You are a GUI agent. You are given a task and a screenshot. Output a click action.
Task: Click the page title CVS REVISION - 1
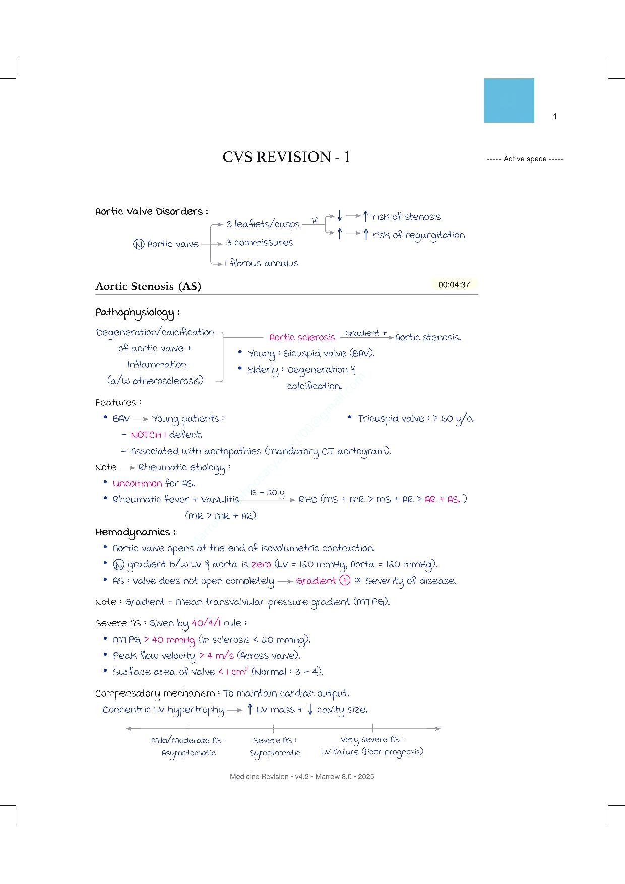pyautogui.click(x=286, y=157)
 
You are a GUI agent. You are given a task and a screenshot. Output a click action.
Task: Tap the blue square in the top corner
pyautogui.click(x=509, y=100)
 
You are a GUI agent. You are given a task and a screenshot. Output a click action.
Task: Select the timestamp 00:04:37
pyautogui.click(x=454, y=285)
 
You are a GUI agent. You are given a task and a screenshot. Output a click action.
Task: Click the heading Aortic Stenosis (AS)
pyautogui.click(x=148, y=286)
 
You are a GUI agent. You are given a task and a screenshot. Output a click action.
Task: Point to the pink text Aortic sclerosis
pyautogui.click(x=302, y=337)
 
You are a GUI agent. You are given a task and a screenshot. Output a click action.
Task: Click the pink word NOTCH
pyautogui.click(x=146, y=435)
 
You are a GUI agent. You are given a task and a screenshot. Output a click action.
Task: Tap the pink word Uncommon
pyautogui.click(x=137, y=483)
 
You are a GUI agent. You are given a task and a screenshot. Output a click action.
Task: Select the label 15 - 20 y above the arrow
pyautogui.click(x=267, y=492)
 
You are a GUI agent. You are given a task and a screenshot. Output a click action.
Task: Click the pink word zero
pyautogui.click(x=261, y=564)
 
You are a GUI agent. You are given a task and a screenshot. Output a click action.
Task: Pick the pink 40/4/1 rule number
pyautogui.click(x=206, y=623)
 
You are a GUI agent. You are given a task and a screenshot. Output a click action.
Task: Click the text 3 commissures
pyautogui.click(x=260, y=243)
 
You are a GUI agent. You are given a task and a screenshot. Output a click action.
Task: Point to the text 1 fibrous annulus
pyautogui.click(x=262, y=263)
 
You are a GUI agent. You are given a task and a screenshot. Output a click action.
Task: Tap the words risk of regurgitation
pyautogui.click(x=418, y=235)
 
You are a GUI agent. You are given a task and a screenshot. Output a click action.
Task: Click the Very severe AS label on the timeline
pyautogui.click(x=371, y=739)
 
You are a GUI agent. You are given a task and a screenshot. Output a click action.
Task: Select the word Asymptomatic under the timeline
pyautogui.click(x=189, y=753)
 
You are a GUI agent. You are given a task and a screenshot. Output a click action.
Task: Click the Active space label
pyautogui.click(x=525, y=159)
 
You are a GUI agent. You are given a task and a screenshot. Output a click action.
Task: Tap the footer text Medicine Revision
pyautogui.click(x=259, y=777)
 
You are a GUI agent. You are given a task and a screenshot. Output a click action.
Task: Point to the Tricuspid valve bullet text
pyautogui.click(x=415, y=419)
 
